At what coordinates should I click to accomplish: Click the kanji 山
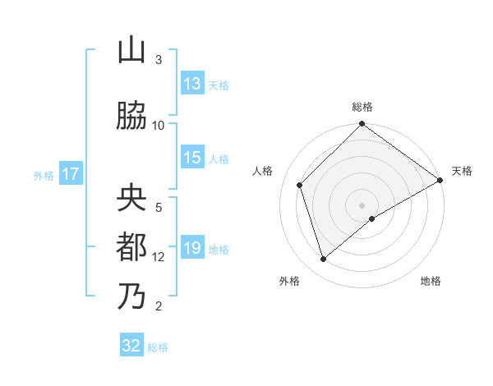pyautogui.click(x=131, y=51)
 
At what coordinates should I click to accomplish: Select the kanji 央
pyautogui.click(x=131, y=200)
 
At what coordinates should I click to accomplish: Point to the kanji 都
pyautogui.click(x=131, y=248)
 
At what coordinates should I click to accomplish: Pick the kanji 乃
pyautogui.click(x=131, y=296)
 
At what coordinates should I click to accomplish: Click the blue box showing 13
pyautogui.click(x=192, y=84)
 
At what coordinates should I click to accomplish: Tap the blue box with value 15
pyautogui.click(x=192, y=158)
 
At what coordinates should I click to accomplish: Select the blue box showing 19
pyautogui.click(x=192, y=248)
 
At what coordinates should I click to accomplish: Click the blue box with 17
pyautogui.click(x=70, y=174)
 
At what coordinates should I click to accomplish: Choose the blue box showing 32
pyautogui.click(x=131, y=346)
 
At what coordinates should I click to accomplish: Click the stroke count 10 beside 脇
pyautogui.click(x=159, y=125)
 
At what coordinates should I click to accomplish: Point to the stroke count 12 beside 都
pyautogui.click(x=159, y=256)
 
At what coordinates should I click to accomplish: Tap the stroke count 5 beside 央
pyautogui.click(x=159, y=207)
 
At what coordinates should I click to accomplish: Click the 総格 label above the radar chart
pyautogui.click(x=362, y=107)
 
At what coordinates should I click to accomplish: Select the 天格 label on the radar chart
pyautogui.click(x=462, y=171)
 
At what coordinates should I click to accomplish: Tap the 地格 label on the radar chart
pyautogui.click(x=431, y=281)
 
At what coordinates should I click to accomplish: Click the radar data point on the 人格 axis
pyautogui.click(x=300, y=185)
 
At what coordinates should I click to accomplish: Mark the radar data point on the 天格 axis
pyautogui.click(x=440, y=181)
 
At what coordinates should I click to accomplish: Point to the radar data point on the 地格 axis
pyautogui.click(x=372, y=218)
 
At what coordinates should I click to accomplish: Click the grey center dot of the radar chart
pyautogui.click(x=362, y=204)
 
